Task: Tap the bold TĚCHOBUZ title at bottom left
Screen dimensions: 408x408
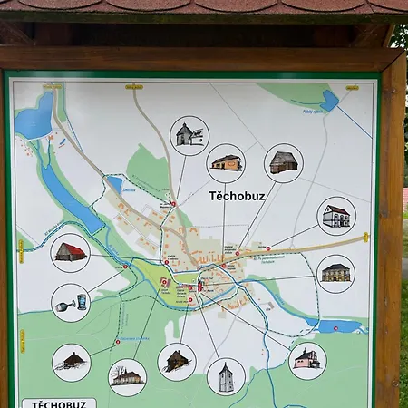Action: coord(58,403)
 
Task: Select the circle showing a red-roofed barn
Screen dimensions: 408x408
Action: coord(70,252)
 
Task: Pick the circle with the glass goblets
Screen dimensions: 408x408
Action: coord(70,302)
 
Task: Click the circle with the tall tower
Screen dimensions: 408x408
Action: coord(226,376)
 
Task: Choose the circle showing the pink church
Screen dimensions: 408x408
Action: coord(307,360)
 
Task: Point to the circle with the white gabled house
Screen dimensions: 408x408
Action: coord(336,216)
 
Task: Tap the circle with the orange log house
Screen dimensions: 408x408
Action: coord(226,163)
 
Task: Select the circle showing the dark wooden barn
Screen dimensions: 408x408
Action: coord(283,163)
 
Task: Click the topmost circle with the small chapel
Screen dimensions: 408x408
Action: coord(189,135)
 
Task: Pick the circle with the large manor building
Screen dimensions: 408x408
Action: coord(336,272)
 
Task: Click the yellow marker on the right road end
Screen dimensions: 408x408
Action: coord(366,238)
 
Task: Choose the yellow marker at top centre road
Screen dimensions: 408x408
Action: coord(134,87)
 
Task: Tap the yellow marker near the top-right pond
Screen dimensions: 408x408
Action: coord(352,88)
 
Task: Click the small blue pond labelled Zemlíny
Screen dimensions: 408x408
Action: coord(115,183)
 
